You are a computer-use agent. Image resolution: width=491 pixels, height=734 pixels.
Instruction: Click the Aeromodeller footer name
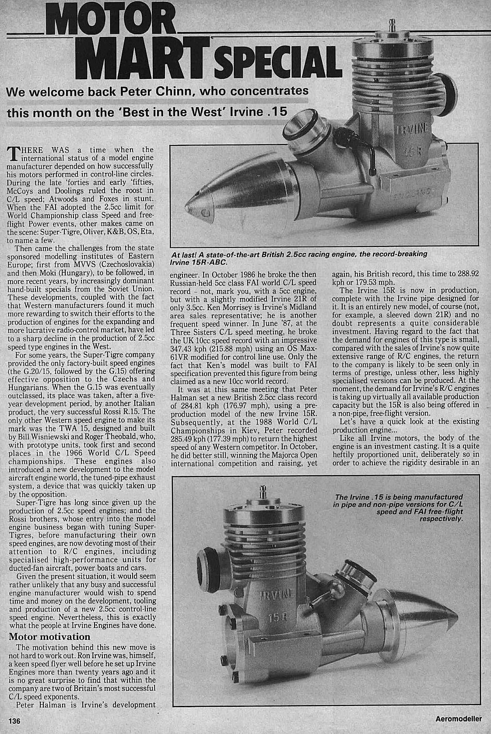click(458, 719)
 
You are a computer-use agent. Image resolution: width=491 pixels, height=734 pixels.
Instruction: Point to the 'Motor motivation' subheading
click(49, 637)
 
